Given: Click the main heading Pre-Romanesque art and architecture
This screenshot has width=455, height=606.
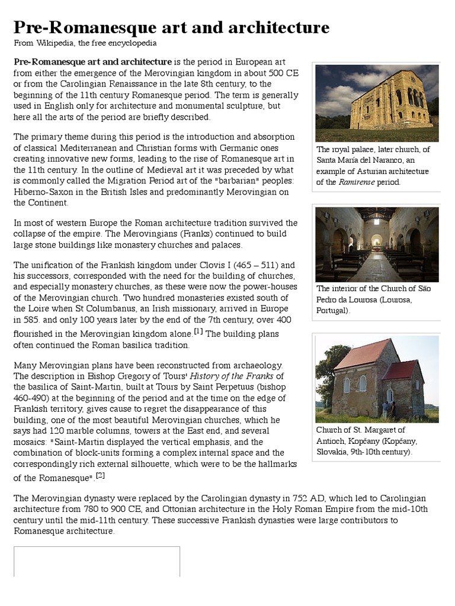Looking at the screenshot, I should pyautogui.click(x=171, y=27).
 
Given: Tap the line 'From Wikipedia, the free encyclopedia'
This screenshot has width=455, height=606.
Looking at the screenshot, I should pyautogui.click(x=85, y=43).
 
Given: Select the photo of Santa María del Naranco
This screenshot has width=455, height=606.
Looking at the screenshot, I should pyautogui.click(x=377, y=103).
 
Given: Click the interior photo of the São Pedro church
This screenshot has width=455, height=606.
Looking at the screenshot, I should pyautogui.click(x=377, y=244).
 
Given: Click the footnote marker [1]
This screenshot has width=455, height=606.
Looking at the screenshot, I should pyautogui.click(x=198, y=331).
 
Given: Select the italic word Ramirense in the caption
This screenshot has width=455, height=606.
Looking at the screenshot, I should pyautogui.click(x=358, y=182).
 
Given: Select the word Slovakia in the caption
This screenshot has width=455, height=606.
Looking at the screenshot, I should pyautogui.click(x=334, y=452).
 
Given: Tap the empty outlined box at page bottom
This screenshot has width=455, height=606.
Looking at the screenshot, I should pyautogui.click(x=97, y=561).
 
